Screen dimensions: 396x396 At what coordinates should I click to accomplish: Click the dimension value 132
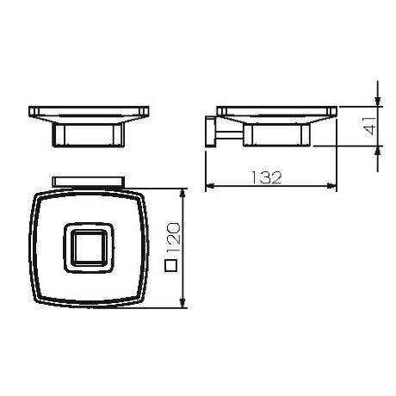point(267,177)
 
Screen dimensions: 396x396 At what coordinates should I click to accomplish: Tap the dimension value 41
point(369,126)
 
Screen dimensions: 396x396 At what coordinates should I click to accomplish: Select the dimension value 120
point(174,238)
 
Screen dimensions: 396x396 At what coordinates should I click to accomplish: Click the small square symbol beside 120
point(170,265)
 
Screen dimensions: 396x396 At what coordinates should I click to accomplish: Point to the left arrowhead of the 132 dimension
point(210,186)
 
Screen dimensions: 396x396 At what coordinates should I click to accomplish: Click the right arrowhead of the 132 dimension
point(331,186)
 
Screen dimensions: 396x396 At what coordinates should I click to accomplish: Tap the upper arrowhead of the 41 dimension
point(378,102)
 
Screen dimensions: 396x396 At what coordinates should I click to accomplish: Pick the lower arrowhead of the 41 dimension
point(378,151)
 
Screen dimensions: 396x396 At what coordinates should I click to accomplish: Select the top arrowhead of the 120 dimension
point(183,194)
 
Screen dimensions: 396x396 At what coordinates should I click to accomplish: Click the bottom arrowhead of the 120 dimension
point(183,303)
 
